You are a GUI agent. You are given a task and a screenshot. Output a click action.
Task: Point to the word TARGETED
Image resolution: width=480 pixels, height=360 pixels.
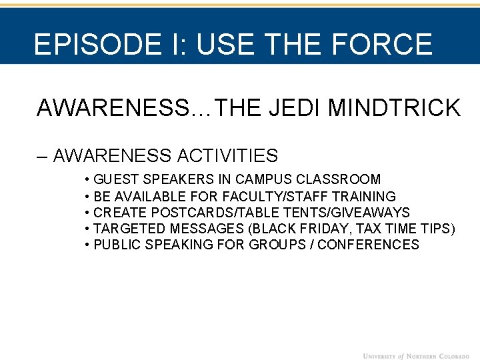tap(127, 229)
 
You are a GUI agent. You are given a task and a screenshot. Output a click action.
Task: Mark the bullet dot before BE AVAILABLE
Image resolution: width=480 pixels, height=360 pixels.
tap(88, 197)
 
